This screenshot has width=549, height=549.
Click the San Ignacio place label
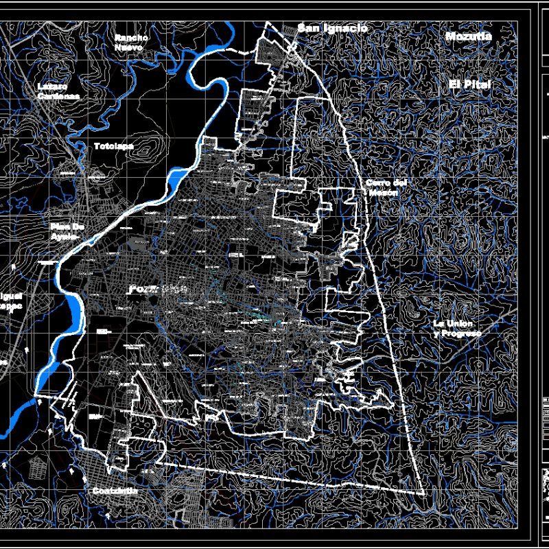(x=332, y=28)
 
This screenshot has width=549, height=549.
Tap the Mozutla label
(x=468, y=36)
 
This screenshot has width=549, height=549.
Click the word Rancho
(x=130, y=38)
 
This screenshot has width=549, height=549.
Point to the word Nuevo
(x=129, y=48)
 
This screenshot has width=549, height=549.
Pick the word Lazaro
(x=54, y=87)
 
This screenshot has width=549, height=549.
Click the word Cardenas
(x=59, y=97)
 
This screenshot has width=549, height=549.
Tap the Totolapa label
(x=114, y=146)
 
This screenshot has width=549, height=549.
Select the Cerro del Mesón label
(x=386, y=188)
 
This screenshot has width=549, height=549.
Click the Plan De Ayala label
(x=67, y=231)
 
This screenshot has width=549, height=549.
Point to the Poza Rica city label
(x=159, y=290)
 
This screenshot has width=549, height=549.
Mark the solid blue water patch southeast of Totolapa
(x=176, y=180)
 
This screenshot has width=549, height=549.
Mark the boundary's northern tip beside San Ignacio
(x=266, y=23)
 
